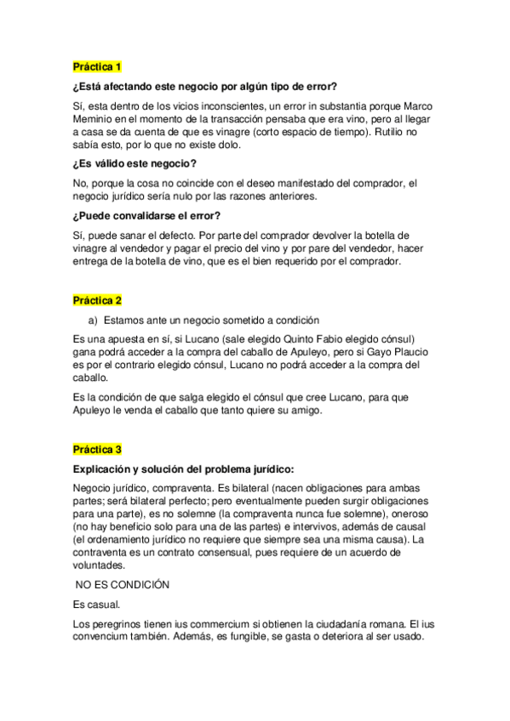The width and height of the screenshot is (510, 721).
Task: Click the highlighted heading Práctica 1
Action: pyautogui.click(x=98, y=66)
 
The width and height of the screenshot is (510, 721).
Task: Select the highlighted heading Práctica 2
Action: pyautogui.click(x=98, y=300)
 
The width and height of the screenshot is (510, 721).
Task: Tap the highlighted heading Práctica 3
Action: pyautogui.click(x=98, y=449)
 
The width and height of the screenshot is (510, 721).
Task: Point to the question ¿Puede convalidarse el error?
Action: pyautogui.click(x=146, y=215)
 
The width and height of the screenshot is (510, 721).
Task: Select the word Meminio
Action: pyautogui.click(x=95, y=119)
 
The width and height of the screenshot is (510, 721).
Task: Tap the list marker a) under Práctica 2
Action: pyautogui.click(x=94, y=320)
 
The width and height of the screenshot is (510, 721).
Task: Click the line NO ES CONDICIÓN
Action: pyautogui.click(x=123, y=585)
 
